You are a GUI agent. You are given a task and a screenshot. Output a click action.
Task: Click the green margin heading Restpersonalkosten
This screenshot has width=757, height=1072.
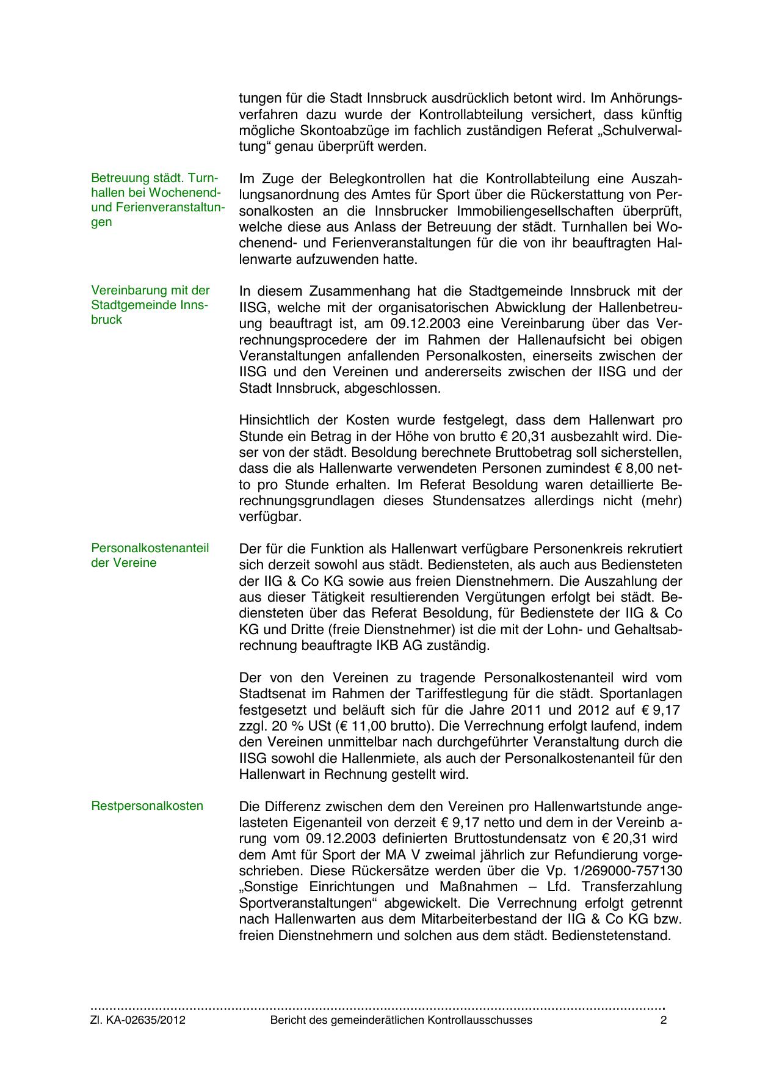pos(147,806)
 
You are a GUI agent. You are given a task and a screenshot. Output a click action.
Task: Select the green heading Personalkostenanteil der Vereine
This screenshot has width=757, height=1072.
pos(150,555)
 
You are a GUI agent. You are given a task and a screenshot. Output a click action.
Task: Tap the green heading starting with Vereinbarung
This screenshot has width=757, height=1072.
pos(150,305)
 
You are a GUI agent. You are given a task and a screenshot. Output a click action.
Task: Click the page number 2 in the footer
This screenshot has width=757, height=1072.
pos(664,1020)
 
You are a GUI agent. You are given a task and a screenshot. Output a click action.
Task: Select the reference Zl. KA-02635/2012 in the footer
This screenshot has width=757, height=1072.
pos(138,1020)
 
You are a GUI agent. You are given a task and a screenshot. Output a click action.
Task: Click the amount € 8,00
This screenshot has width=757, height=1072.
pos(635,469)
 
